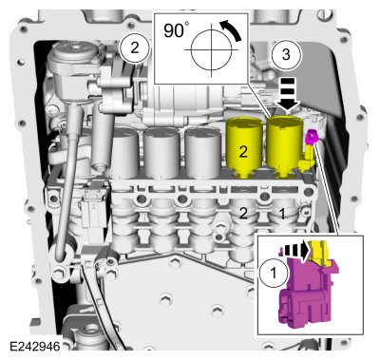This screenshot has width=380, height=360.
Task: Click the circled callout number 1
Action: tap(274, 273)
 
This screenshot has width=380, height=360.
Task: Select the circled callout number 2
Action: tap(135, 48)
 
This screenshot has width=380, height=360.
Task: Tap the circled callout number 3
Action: tap(286, 54)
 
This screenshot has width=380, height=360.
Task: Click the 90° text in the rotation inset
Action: tap(174, 30)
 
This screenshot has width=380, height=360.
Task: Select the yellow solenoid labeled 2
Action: tap(243, 148)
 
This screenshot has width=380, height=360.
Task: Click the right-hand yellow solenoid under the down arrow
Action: tap(285, 147)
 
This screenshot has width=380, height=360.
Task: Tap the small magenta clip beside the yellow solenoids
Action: tap(311, 137)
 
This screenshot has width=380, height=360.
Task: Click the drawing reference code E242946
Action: tap(35, 347)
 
